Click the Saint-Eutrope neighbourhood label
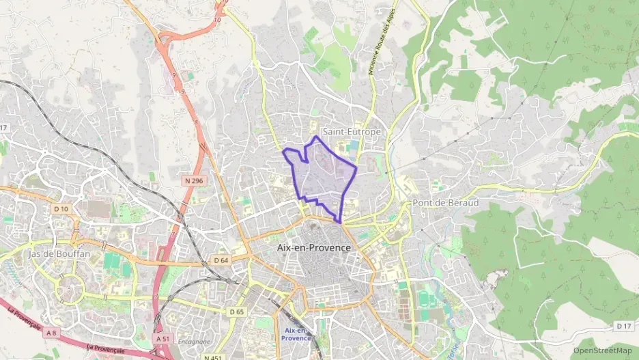point(351,131)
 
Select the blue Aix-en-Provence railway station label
point(296,334)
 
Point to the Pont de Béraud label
point(445,204)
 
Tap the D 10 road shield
point(61,208)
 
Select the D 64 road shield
point(220,260)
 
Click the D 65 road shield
point(237,311)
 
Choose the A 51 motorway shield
point(162,338)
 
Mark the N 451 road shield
point(212,357)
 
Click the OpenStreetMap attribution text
point(603,350)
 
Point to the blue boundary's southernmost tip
point(340,222)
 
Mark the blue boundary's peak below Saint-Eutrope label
point(315,137)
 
